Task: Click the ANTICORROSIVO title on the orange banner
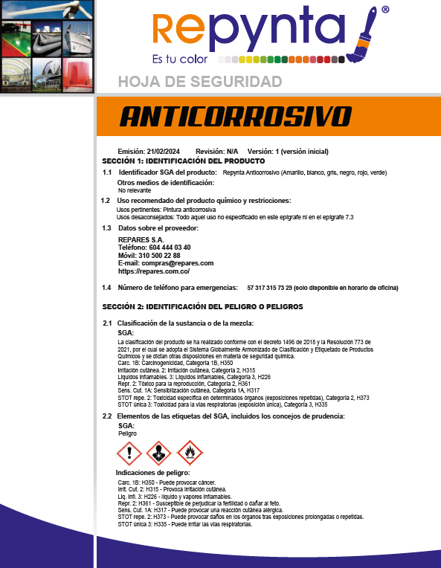(235, 117)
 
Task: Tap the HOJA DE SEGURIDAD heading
(200, 81)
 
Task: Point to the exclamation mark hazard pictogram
(129, 452)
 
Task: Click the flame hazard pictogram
(190, 452)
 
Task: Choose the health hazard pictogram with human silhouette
(159, 452)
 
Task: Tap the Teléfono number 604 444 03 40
(164, 247)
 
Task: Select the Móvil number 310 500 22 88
(159, 255)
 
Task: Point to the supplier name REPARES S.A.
(141, 239)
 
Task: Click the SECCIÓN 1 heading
(183, 161)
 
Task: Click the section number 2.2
(107, 416)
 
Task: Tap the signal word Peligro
(128, 433)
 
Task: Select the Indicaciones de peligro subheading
(152, 473)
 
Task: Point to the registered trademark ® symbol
(384, 10)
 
